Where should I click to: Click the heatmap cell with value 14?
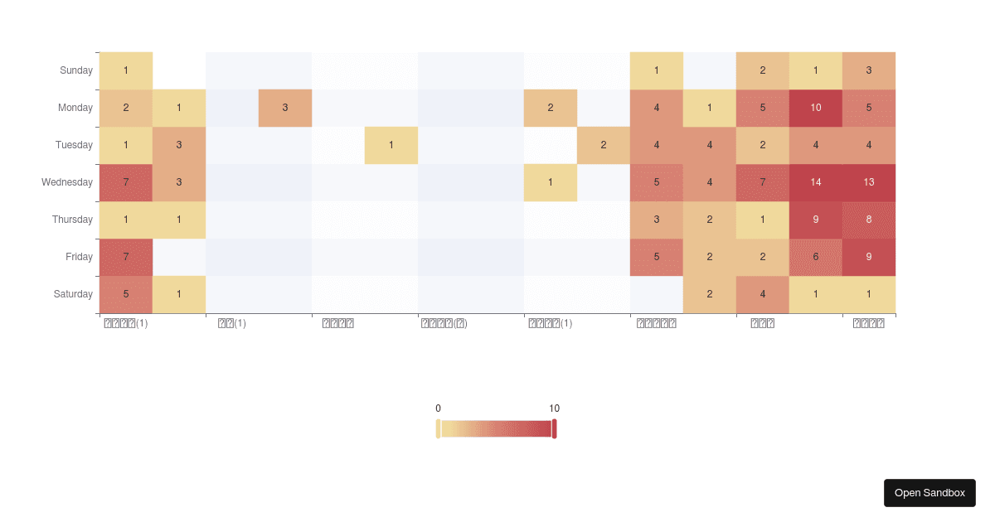(816, 182)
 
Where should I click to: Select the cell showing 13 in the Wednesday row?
(869, 182)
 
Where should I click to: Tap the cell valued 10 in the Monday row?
(816, 108)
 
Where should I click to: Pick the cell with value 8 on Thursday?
(869, 220)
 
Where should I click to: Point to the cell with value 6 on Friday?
(816, 257)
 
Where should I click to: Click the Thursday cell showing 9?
(816, 220)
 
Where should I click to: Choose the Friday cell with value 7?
(126, 257)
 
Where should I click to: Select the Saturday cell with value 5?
(126, 294)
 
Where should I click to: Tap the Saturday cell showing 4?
(763, 294)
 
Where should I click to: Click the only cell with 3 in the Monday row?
(285, 108)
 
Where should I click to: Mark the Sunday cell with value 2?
(763, 70)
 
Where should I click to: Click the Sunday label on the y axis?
(76, 70)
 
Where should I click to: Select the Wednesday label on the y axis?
(67, 182)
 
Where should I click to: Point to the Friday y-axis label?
(79, 257)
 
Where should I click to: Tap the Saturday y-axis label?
(73, 294)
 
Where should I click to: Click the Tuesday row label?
(74, 145)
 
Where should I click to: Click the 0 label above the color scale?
(438, 408)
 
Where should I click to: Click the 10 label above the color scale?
(554, 408)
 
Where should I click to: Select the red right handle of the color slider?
(554, 428)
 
